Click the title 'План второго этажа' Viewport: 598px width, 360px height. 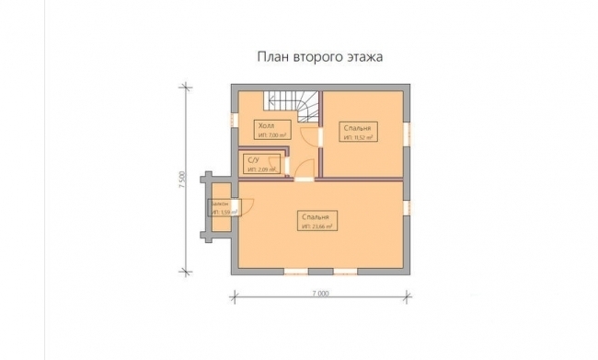(x=318, y=56)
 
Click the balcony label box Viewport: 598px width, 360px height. (x=222, y=207)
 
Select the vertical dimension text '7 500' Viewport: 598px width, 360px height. (x=184, y=179)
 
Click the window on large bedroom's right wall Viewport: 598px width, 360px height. (x=406, y=208)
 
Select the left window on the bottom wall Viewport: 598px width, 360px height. (x=295, y=271)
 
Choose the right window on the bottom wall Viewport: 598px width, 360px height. (x=346, y=271)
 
